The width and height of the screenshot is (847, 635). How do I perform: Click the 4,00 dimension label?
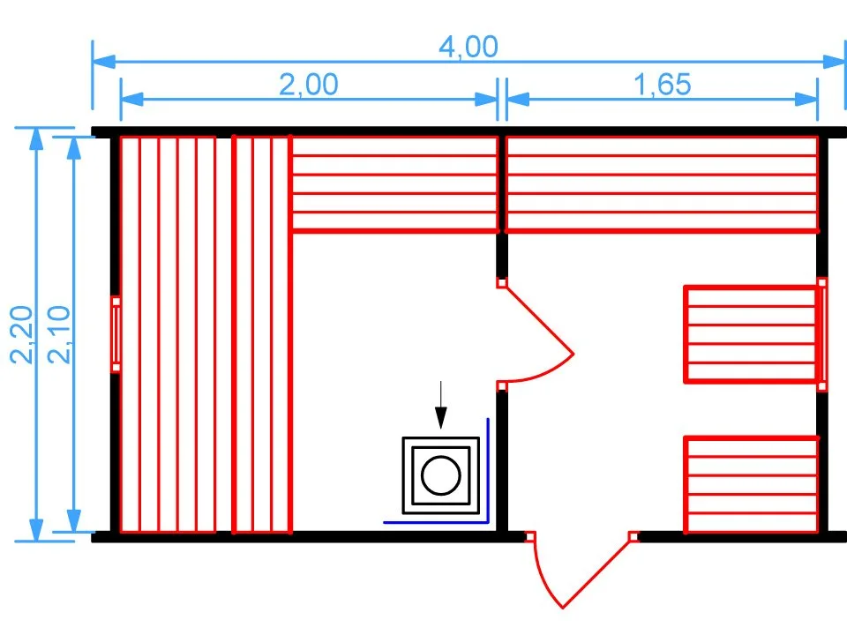[x=468, y=47]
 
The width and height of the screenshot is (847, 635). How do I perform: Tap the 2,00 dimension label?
[x=309, y=85]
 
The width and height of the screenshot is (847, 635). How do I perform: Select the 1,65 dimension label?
[x=662, y=85]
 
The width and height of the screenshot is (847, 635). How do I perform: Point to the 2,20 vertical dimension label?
[x=22, y=335]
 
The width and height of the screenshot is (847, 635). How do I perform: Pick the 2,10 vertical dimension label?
[x=59, y=335]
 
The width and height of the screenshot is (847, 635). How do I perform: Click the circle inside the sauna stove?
[x=441, y=475]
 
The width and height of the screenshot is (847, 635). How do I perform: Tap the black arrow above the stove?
[x=441, y=405]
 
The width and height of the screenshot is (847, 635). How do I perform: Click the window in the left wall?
[x=116, y=334]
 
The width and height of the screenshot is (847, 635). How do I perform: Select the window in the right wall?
[x=822, y=334]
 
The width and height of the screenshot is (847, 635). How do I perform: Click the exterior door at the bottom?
[x=581, y=571]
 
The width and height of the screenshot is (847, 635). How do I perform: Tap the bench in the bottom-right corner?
[x=752, y=484]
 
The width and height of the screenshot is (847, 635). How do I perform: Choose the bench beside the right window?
[x=750, y=334]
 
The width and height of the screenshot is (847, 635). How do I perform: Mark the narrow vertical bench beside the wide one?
[x=262, y=334]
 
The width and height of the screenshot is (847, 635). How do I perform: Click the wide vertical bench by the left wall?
[x=168, y=334]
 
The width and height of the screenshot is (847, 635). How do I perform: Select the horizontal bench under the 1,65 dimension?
[x=663, y=184]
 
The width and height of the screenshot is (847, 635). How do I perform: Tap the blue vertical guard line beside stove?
[x=488, y=470]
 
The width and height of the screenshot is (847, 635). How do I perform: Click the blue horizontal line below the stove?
[x=436, y=522]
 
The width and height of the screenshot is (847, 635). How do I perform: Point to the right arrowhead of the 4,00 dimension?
[x=834, y=61]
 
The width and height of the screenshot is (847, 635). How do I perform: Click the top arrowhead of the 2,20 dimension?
[x=36, y=138]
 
